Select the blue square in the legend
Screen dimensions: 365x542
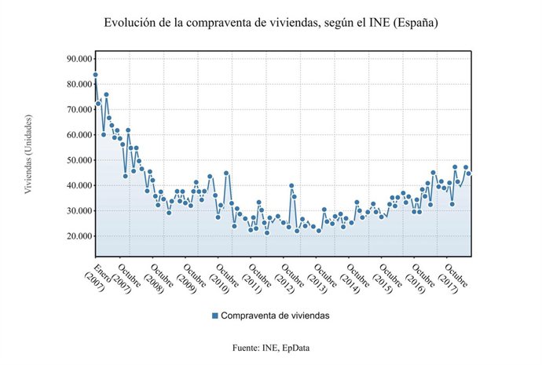[x=214, y=316]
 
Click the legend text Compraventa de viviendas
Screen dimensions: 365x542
[x=275, y=316]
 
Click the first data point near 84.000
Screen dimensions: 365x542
[x=95, y=75]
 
